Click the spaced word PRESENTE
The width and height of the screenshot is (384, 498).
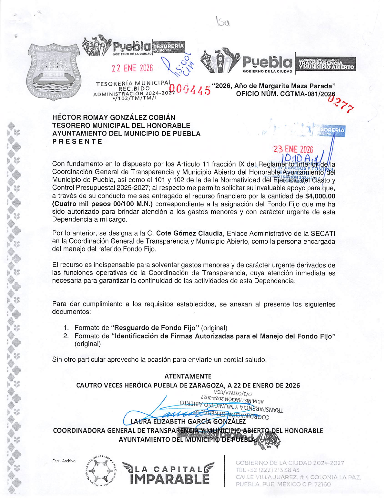[77, 141]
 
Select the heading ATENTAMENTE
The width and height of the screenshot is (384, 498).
[188, 376]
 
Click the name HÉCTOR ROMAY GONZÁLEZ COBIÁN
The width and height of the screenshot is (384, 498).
[114, 117]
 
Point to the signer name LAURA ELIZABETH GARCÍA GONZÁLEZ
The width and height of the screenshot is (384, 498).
[188, 421]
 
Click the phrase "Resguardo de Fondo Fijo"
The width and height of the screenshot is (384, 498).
[155, 328]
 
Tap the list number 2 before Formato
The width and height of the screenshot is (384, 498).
[66, 336]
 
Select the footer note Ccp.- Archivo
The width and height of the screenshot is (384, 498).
[64, 461]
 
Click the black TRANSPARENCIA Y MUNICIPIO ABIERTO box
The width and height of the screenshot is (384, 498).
[326, 64]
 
